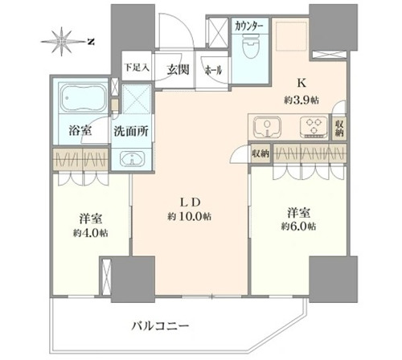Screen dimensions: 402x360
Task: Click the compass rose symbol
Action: tap(62, 42)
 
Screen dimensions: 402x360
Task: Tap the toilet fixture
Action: tap(250, 46)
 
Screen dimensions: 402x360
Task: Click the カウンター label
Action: tap(249, 27)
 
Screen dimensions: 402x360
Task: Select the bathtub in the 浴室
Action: tap(84, 98)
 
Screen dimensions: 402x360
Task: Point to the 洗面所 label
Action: tap(131, 131)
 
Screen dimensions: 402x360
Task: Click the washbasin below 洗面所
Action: tap(132, 158)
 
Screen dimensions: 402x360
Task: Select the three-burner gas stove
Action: tap(314, 127)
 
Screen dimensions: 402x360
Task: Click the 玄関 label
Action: tap(178, 70)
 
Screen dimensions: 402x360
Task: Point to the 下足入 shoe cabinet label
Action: tap(137, 67)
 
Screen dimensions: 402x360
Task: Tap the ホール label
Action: tap(213, 71)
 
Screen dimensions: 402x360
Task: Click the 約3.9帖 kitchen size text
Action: tap(301, 100)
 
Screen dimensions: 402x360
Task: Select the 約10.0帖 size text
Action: tap(189, 216)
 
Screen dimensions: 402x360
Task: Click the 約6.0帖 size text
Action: tap(298, 227)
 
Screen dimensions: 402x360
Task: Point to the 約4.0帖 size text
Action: tap(91, 233)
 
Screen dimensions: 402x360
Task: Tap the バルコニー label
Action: tap(160, 326)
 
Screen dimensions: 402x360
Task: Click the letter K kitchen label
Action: tap(301, 84)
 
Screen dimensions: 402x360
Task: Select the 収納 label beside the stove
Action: tap(339, 129)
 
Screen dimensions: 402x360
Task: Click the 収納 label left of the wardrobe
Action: tap(260, 153)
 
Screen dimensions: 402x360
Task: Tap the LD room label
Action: tap(190, 202)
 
